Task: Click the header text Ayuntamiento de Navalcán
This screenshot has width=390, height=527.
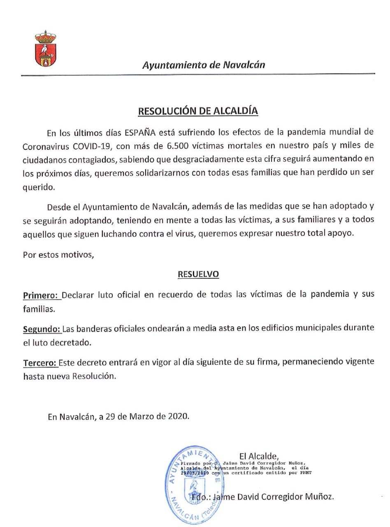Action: pos(204,65)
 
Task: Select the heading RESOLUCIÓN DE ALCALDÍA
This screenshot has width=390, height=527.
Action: pos(198,111)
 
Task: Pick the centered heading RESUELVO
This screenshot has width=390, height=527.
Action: pos(198,274)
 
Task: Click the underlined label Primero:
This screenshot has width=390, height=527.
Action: pos(42,295)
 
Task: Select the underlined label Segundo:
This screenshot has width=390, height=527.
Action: pos(42,329)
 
